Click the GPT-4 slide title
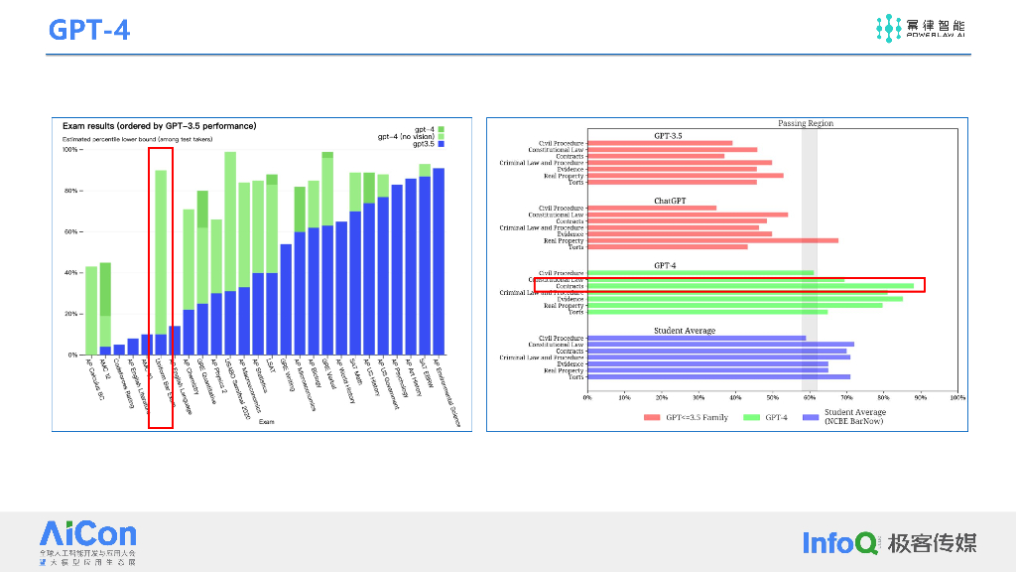(89, 30)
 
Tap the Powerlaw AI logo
(920, 28)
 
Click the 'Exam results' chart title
(159, 126)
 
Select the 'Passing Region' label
(806, 123)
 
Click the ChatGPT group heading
(670, 201)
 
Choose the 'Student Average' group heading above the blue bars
(685, 330)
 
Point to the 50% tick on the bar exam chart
(772, 397)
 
